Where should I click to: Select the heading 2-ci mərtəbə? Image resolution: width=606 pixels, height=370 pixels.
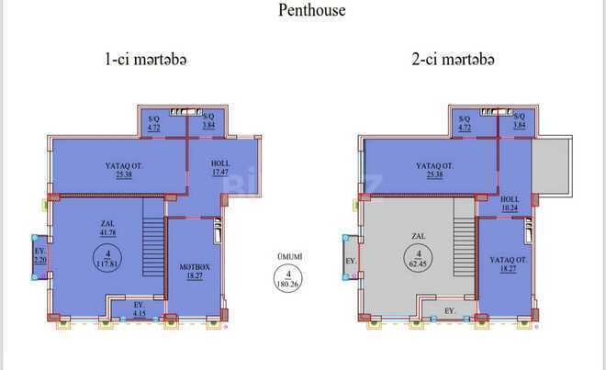click(x=453, y=60)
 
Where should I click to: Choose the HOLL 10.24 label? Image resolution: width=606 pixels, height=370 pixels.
click(x=511, y=203)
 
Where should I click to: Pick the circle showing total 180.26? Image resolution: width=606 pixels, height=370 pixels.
click(x=289, y=276)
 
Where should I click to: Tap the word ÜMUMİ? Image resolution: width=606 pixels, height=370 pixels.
click(x=289, y=255)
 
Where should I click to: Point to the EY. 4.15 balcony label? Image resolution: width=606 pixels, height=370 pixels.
click(x=139, y=308)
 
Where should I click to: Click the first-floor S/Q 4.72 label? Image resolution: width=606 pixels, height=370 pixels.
click(x=154, y=122)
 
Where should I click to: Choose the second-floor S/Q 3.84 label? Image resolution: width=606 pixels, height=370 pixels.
click(x=520, y=122)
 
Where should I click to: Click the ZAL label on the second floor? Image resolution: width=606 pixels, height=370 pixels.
click(x=420, y=236)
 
